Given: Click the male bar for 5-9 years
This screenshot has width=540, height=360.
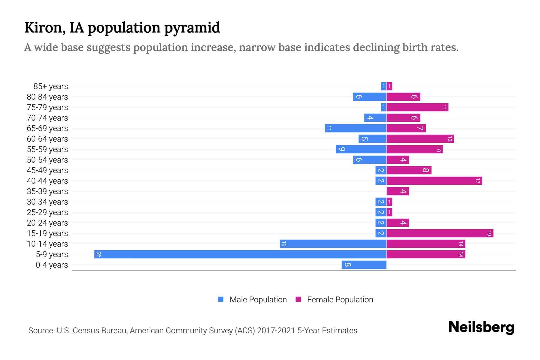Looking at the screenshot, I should [x=240, y=254].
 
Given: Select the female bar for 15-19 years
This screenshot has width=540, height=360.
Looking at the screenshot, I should [x=440, y=233].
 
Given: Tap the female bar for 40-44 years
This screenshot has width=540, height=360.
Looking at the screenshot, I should [x=434, y=181].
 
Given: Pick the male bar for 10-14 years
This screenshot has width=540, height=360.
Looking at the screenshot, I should [x=333, y=244].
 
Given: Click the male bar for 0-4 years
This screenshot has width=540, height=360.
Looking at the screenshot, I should [x=364, y=265].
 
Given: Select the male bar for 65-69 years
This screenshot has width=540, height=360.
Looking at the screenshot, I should [x=355, y=128].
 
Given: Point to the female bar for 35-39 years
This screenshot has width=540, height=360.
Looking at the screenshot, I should [x=397, y=191].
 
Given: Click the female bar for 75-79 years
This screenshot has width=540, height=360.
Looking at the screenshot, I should [x=417, y=107].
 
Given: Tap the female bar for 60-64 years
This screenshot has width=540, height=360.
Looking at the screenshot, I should [x=420, y=139].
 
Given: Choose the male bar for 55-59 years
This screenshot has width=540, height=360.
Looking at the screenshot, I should [x=361, y=149].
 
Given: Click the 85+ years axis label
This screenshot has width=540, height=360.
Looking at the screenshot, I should [x=50, y=86].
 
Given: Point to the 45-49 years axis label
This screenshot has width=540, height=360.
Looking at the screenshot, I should [x=47, y=170].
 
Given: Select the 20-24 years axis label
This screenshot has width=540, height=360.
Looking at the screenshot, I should [x=47, y=223].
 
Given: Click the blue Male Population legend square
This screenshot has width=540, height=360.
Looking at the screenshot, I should [x=221, y=299].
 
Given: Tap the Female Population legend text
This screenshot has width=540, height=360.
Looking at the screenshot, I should [x=340, y=300].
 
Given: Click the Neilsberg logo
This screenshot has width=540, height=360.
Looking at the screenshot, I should [x=481, y=327].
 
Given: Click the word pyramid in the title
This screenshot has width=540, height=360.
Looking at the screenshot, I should [x=192, y=28].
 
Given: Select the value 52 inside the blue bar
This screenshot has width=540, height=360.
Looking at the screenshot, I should [x=98, y=254].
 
